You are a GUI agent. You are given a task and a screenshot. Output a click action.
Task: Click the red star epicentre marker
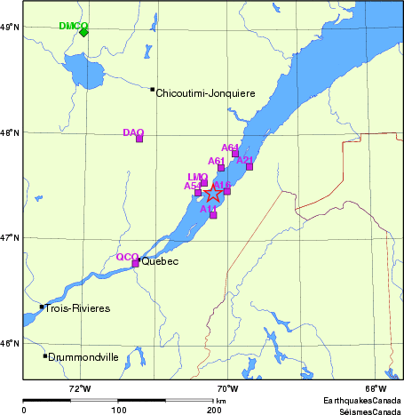[x=214, y=194]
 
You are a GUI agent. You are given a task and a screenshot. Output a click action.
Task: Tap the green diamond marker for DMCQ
[x=83, y=32]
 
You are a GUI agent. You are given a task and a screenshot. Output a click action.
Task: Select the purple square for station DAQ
[x=139, y=139]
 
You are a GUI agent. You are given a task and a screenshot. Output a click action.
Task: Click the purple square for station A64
[x=235, y=154]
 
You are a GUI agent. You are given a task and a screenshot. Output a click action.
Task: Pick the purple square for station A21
[x=250, y=166]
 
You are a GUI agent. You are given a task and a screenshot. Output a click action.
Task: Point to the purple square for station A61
[x=221, y=168]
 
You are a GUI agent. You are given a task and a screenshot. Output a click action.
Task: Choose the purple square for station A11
[x=213, y=215]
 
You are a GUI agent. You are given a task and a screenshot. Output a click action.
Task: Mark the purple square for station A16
[x=227, y=191]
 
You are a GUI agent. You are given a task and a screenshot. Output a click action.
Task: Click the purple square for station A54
[x=198, y=192]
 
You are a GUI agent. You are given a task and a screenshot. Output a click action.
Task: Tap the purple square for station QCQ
[x=135, y=263]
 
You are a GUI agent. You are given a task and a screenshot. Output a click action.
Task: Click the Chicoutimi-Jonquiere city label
[x=205, y=92]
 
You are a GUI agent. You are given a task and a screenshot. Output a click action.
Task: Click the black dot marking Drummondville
[x=45, y=356]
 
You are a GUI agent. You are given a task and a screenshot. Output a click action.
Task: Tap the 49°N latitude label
[x=10, y=28]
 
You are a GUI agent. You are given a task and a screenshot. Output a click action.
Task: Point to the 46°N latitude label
[x=10, y=343]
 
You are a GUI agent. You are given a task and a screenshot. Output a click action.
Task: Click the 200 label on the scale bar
[x=214, y=410]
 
